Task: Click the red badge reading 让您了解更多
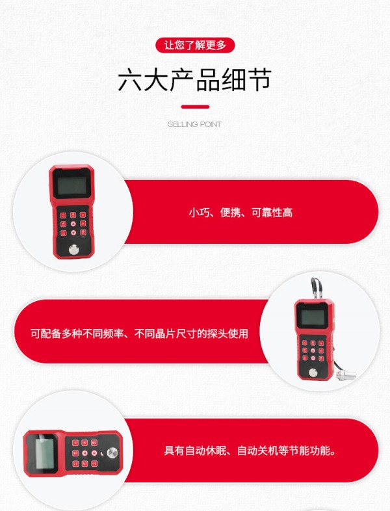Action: [x=195, y=45]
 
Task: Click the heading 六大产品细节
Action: [x=194, y=80]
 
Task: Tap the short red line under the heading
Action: [x=195, y=107]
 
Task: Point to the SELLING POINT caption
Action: [x=194, y=124]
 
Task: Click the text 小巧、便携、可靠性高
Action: [x=240, y=213]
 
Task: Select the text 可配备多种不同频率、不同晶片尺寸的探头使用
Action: [x=140, y=334]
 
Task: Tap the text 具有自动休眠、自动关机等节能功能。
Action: [x=250, y=451]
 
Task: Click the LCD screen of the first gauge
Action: [x=71, y=185]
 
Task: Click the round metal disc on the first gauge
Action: [x=73, y=250]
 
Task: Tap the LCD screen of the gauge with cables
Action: [x=313, y=317]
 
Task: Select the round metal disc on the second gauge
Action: [x=314, y=373]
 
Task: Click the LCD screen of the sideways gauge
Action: [x=44, y=453]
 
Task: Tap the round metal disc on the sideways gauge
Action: [x=112, y=452]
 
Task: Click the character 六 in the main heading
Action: [x=129, y=80]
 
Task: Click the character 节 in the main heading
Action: [x=259, y=80]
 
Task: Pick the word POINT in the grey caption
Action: [x=211, y=124]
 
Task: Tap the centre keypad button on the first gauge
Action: [x=73, y=224]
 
